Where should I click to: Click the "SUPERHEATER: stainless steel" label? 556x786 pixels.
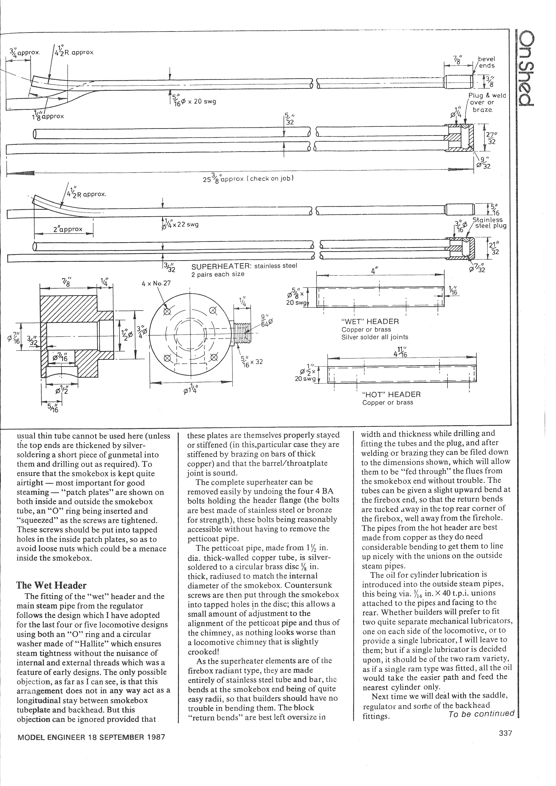click(x=244, y=266)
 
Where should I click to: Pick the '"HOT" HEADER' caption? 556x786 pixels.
click(x=391, y=394)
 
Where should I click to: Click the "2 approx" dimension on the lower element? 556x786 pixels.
click(x=68, y=229)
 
